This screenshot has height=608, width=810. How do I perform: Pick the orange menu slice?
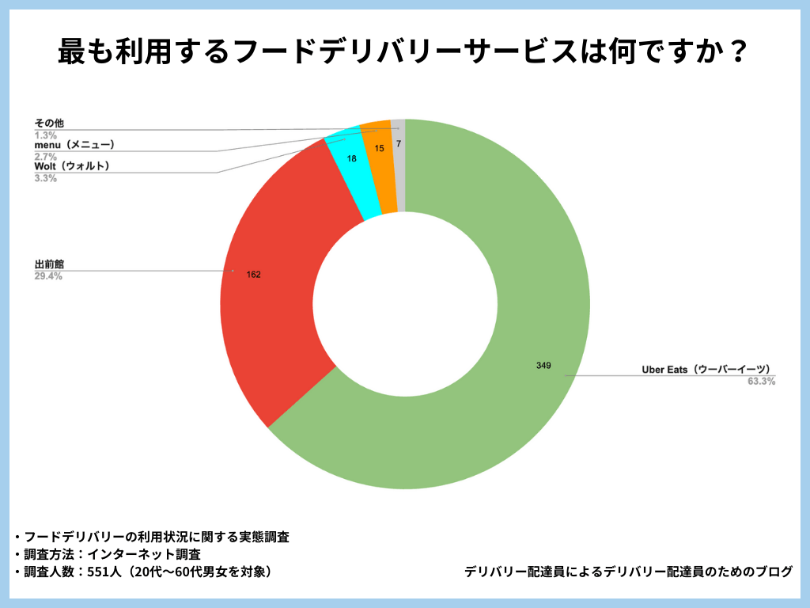[x=380, y=166]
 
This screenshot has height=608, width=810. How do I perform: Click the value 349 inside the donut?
[x=543, y=366]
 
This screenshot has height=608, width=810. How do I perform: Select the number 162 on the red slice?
[x=253, y=275]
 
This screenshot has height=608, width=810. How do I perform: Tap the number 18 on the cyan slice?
[x=352, y=158]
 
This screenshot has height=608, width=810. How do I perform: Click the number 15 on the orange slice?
[x=380, y=148]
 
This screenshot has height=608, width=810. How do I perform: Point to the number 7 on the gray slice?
[x=399, y=144]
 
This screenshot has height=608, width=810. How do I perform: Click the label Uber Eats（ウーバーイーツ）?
[x=706, y=370]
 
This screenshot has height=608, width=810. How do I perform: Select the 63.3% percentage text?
[x=761, y=382]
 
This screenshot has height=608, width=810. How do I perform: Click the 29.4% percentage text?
[x=48, y=276]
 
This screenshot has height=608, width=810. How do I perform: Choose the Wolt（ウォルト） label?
[x=72, y=166]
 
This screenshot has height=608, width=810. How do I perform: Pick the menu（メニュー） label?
[x=75, y=145]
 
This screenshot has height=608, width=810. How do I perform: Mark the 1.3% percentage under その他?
[x=45, y=135]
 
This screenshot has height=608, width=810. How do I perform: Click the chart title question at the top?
[x=404, y=53]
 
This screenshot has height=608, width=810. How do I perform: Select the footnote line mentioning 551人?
[x=147, y=572]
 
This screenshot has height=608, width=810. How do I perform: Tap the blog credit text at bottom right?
[x=629, y=572]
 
